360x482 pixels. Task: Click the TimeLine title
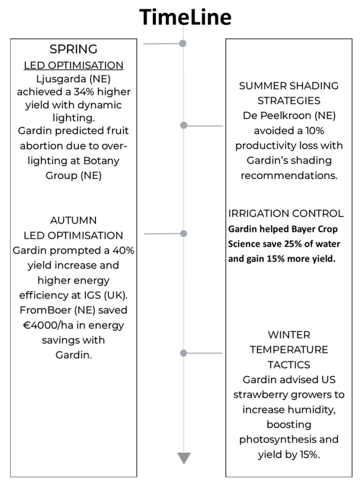pyautogui.click(x=184, y=17)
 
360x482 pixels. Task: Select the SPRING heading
pyautogui.click(x=73, y=49)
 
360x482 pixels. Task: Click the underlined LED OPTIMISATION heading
pyautogui.click(x=73, y=64)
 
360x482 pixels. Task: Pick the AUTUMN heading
pyautogui.click(x=73, y=220)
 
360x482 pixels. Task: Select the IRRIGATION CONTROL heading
pyautogui.click(x=286, y=214)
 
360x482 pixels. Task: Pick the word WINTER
pyautogui.click(x=289, y=335)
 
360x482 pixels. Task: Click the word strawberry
pyautogui.click(x=260, y=394)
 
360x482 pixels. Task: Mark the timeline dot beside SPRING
pyautogui.click(x=183, y=43)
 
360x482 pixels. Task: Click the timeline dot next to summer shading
pyautogui.click(x=184, y=125)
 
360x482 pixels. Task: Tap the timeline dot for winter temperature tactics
pyautogui.click(x=184, y=353)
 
